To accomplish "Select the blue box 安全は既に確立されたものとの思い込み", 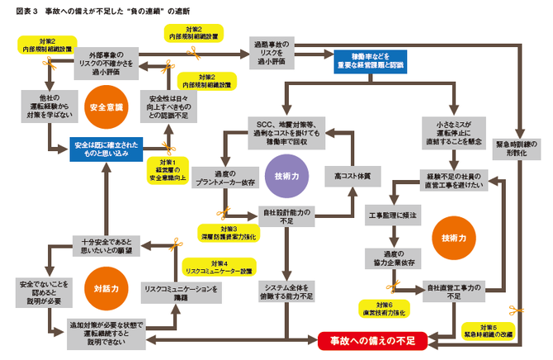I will (x=106, y=149).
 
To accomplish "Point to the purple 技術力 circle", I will (x=281, y=176).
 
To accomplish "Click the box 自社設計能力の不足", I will (x=285, y=216).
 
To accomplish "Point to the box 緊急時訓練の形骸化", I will (x=518, y=148).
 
